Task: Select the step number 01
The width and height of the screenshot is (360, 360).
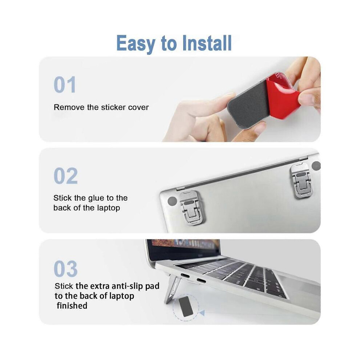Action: tap(65, 85)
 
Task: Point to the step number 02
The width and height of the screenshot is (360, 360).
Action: tap(66, 176)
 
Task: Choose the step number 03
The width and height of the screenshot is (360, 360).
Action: tap(66, 269)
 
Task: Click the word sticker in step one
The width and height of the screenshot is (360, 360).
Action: tap(113, 107)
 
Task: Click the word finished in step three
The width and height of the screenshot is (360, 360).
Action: tap(72, 305)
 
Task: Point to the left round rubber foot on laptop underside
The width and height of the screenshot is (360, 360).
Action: tap(172, 201)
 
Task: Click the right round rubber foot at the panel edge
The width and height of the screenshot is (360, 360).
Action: tap(316, 166)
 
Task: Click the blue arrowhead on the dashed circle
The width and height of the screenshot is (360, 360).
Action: tap(202, 312)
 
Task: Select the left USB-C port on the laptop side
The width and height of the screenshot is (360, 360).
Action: tap(185, 276)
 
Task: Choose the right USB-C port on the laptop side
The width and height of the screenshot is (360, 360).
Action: tap(201, 280)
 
